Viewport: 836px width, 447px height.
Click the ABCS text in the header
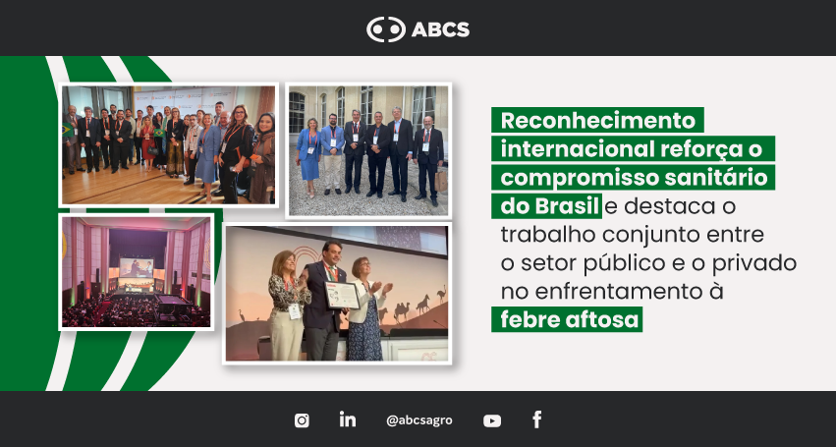tap(440, 29)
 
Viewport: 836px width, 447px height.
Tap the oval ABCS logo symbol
tap(386, 29)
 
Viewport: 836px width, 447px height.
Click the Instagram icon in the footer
tap(302, 420)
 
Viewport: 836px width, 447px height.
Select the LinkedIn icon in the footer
tap(348, 419)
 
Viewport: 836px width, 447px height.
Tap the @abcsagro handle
tap(419, 420)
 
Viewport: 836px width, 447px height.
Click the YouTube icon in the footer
tap(492, 420)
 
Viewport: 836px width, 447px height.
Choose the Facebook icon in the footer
tap(537, 419)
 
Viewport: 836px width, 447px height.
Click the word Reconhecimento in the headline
tap(598, 121)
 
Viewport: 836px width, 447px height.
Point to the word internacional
tap(577, 149)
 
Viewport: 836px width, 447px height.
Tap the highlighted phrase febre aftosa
tap(569, 319)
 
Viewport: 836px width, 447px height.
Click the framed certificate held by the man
tap(342, 295)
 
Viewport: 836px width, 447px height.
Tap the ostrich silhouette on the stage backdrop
tap(441, 294)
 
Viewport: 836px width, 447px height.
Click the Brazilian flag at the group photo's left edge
tap(67, 130)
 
